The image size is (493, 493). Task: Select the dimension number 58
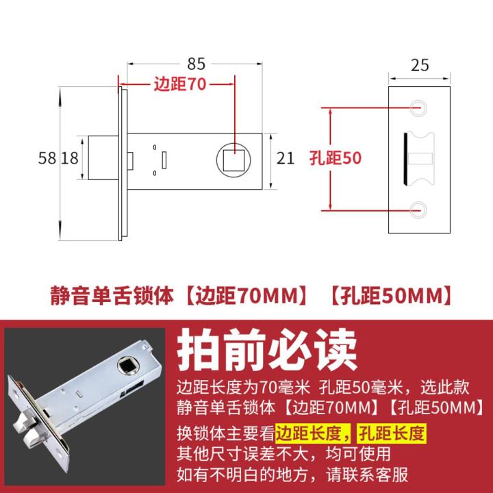48,159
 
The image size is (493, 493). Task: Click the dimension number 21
286,159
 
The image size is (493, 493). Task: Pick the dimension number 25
420,65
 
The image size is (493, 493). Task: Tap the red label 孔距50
335,157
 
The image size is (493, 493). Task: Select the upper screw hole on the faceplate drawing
419,106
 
